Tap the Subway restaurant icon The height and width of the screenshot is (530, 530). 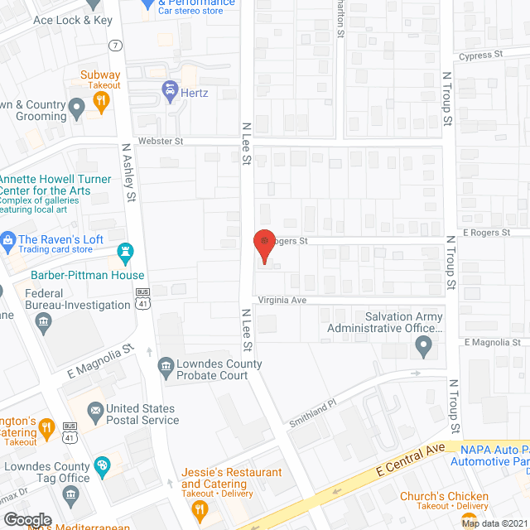pyautogui.click(x=100, y=101)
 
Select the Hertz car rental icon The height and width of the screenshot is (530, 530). pyautogui.click(x=170, y=89)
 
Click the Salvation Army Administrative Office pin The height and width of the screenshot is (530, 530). pyautogui.click(x=424, y=346)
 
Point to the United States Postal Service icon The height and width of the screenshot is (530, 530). pyautogui.click(x=94, y=409)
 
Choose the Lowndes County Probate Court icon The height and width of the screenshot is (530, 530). pyautogui.click(x=166, y=365)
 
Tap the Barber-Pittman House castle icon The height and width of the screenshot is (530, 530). pyautogui.click(x=126, y=251)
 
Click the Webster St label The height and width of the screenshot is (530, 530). pyautogui.click(x=161, y=142)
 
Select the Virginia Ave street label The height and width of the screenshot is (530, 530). pyautogui.click(x=282, y=300)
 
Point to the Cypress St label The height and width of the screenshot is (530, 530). pyautogui.click(x=482, y=55)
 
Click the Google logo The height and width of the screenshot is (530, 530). pyautogui.click(x=28, y=518)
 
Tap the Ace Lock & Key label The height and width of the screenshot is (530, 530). pyautogui.click(x=72, y=20)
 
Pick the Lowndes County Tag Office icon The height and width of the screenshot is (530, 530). pyautogui.click(x=102, y=465)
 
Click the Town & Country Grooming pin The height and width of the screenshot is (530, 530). pyautogui.click(x=77, y=106)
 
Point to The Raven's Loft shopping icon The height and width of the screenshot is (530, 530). pyautogui.click(x=8, y=242)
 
